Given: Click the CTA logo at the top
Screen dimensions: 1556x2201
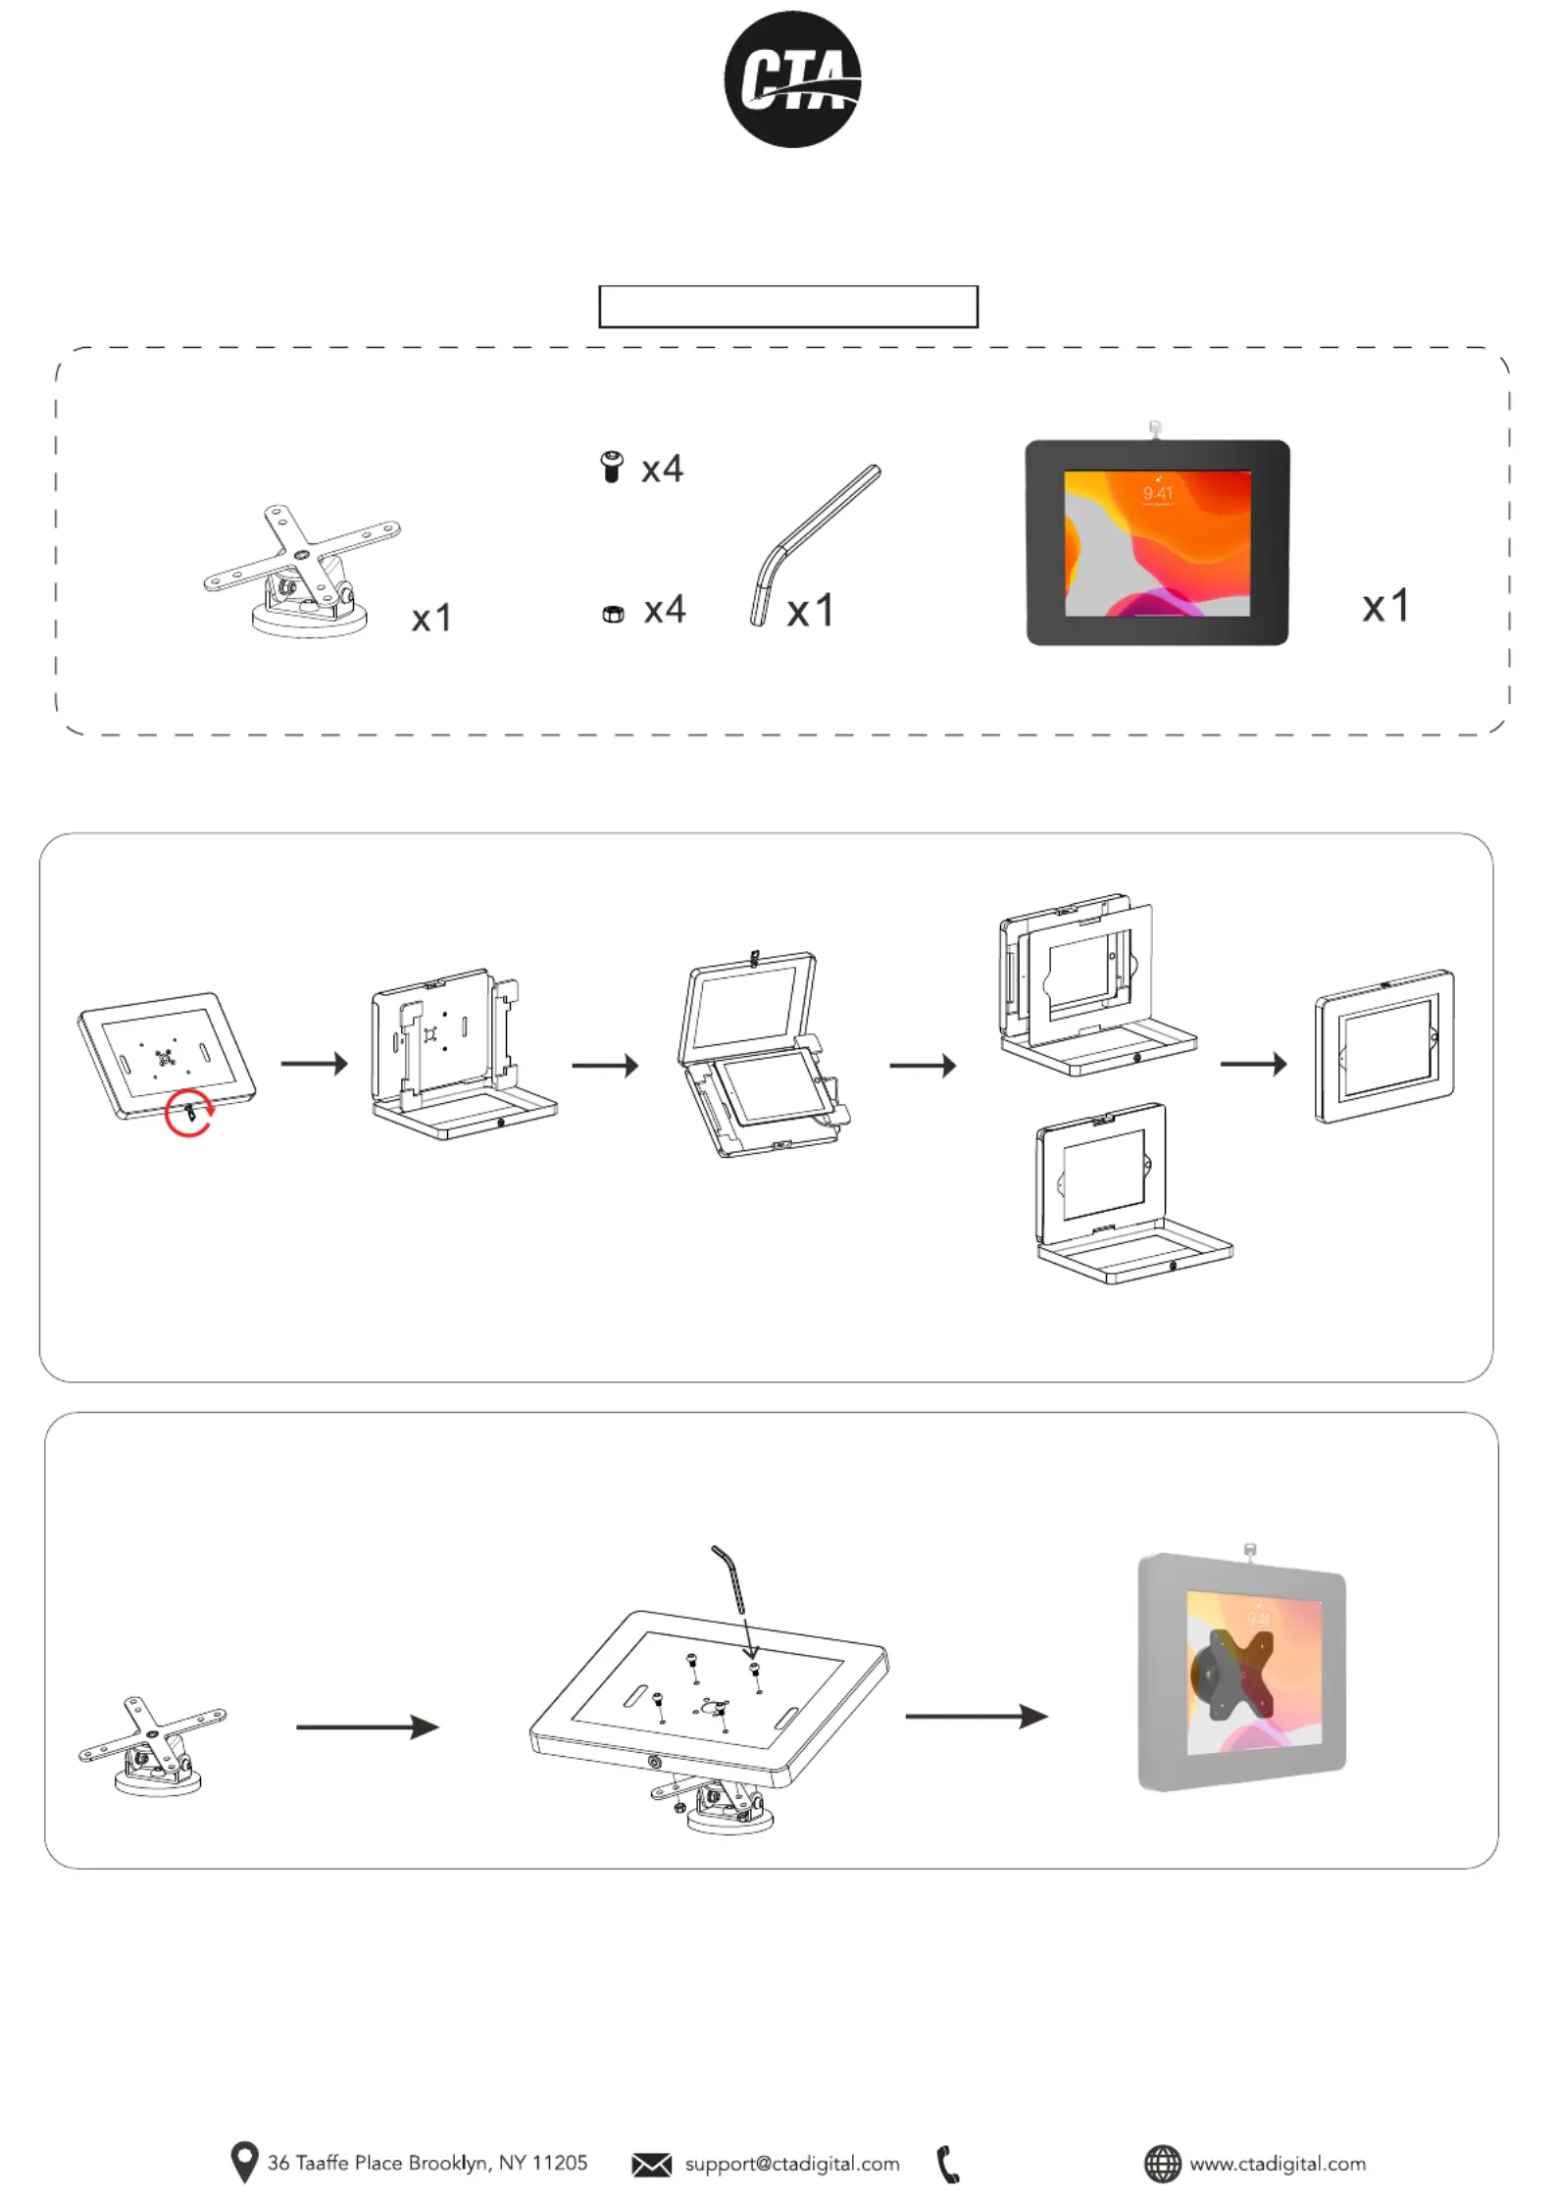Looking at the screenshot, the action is pos(792,79).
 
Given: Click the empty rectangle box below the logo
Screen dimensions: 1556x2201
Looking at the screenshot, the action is pos(787,307).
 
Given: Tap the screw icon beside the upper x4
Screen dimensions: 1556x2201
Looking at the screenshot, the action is pos(612,467).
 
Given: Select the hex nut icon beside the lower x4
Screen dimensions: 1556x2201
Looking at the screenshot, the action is pos(613,614).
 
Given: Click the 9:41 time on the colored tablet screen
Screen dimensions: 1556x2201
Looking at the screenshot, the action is pos(1157,493).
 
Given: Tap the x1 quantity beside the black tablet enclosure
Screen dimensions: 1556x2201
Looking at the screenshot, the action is pos(1384,606).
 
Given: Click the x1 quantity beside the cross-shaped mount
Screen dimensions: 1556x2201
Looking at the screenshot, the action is pos(431,618).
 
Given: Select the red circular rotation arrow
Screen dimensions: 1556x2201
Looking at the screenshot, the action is pos(188,1113).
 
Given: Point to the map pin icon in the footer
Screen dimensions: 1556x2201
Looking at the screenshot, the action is pos(243,2162).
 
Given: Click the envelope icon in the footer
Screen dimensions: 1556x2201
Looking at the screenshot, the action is pos(651,2165).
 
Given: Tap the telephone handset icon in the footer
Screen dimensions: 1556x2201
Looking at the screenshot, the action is pos(947,2165).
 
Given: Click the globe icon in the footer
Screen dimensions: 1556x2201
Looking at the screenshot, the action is pos(1163,2164).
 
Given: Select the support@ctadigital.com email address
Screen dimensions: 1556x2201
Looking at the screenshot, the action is pos(792,2164).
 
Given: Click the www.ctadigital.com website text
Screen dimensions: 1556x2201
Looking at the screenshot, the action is pos(1277,2164).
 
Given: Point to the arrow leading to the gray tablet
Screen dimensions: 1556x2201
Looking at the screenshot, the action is pos(976,1716).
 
